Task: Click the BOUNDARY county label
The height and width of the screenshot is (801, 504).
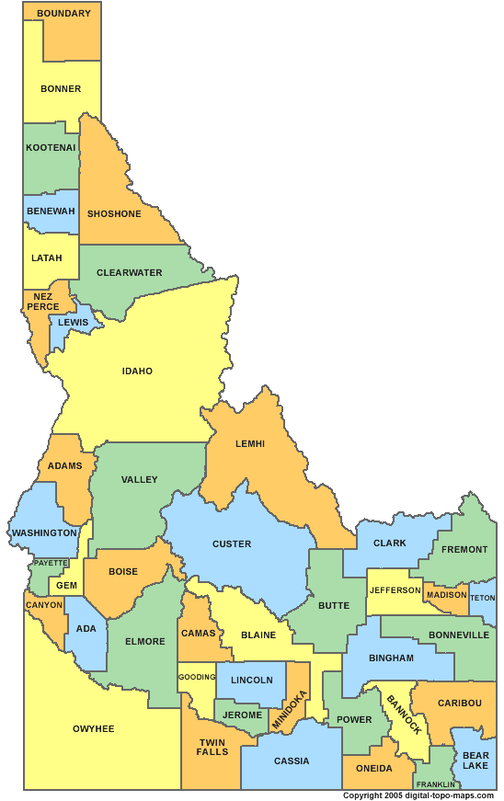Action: point(63,14)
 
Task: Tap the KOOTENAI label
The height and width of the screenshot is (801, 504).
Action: point(51,147)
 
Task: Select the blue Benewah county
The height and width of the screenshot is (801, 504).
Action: point(51,211)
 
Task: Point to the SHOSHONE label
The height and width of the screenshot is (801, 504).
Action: point(114,214)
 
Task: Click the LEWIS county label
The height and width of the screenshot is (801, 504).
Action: point(74,323)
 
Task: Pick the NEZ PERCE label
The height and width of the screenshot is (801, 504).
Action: point(43,302)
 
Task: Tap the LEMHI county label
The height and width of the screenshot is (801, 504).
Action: point(249,444)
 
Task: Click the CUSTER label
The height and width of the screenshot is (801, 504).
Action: point(232,544)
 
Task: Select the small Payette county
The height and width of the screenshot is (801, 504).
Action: point(51,563)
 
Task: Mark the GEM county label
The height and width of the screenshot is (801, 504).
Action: point(66,585)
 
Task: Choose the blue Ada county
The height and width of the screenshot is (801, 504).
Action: point(86,629)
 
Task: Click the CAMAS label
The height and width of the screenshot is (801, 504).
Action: point(199,633)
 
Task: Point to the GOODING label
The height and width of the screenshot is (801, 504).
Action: point(197,677)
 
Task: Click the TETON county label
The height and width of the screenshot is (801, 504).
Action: point(483,598)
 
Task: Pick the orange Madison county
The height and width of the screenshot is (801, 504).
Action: point(447,594)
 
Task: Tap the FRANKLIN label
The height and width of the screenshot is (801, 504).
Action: point(435,784)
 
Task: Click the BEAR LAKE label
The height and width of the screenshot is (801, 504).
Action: point(475,760)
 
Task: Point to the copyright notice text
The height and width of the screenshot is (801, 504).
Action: point(418,795)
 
